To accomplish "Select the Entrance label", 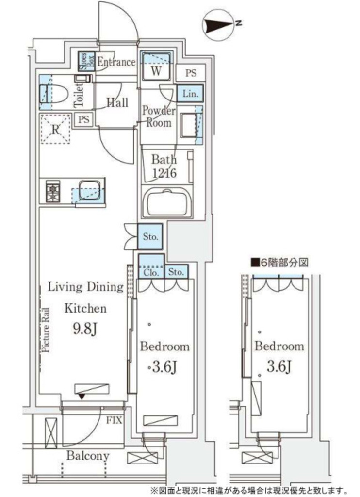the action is pyautogui.click(x=116, y=62).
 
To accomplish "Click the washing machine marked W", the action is pyautogui.click(x=156, y=67).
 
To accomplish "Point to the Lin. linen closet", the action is pyautogui.click(x=190, y=94).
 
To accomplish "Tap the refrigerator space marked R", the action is pyautogui.click(x=55, y=129).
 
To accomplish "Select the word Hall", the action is pyautogui.click(x=117, y=102).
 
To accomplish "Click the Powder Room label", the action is pyautogui.click(x=158, y=116).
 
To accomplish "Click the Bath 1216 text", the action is pyautogui.click(x=164, y=166).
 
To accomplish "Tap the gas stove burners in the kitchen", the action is pyautogui.click(x=51, y=191).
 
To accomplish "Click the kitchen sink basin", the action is pyautogui.click(x=90, y=190).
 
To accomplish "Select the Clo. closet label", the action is pyautogui.click(x=151, y=273).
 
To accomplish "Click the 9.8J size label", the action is pyautogui.click(x=85, y=329).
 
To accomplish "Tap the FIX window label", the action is pyautogui.click(x=114, y=421).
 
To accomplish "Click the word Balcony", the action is pyautogui.click(x=88, y=456).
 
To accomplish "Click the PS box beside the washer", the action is pyautogui.click(x=191, y=73).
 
